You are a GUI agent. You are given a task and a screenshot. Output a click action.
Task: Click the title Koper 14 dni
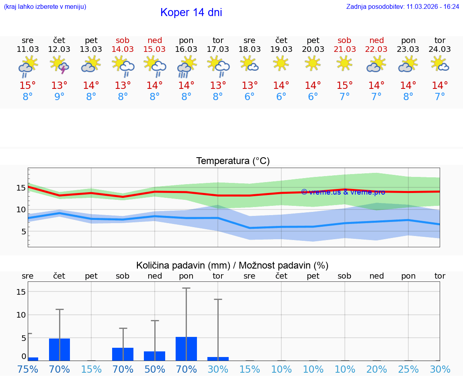pyautogui.click(x=191, y=12)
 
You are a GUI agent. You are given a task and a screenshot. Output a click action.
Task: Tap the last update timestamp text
pyautogui.click(x=402, y=7)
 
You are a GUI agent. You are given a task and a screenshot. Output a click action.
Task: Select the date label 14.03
pyautogui.click(x=123, y=49)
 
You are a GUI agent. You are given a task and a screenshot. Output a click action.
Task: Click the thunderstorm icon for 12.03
pyautogui.click(x=59, y=65)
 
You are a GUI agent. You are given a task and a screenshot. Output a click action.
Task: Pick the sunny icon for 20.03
pyautogui.click(x=313, y=64)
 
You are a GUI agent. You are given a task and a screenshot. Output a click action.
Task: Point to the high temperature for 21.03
pyautogui.click(x=344, y=86)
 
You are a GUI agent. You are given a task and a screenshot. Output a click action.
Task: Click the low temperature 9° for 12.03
pyautogui.click(x=59, y=97)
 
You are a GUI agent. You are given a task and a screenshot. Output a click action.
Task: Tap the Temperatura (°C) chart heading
pyautogui.click(x=233, y=161)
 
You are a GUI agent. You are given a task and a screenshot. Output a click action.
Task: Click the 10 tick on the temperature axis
pyautogui.click(x=21, y=209)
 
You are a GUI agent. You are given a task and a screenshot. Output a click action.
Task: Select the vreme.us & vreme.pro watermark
pyautogui.click(x=343, y=192)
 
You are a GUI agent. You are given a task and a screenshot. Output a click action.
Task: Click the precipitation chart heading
pyautogui.click(x=232, y=265)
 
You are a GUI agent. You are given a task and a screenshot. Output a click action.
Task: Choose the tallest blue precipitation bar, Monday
pyautogui.click(x=186, y=349)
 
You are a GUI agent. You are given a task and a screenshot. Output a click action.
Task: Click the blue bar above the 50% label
pyautogui.click(x=155, y=356)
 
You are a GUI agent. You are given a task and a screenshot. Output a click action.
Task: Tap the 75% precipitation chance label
pyautogui.click(x=28, y=369)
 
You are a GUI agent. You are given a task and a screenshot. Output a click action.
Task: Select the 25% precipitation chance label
pyautogui.click(x=408, y=369)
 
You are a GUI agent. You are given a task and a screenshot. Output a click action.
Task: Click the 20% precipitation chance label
pyautogui.click(x=377, y=369)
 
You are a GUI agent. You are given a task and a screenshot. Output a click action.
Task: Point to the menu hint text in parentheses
pyautogui.click(x=45, y=7)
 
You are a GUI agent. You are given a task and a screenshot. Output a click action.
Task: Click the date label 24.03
pyautogui.click(x=440, y=49)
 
